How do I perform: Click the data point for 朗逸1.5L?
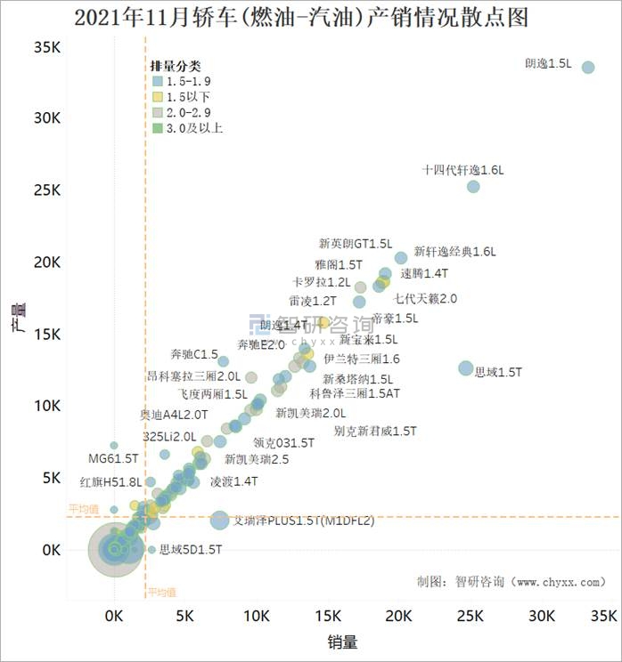pos(588,68)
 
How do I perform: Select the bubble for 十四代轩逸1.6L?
pos(473,187)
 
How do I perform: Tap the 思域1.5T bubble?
pos(465,368)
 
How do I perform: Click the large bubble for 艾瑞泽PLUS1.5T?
pos(219,521)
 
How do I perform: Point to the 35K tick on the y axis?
pos(47,47)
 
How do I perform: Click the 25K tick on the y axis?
pos(47,191)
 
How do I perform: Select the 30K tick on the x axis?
pos(541,616)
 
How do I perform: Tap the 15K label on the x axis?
pos(328,616)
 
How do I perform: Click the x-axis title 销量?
pos(344,641)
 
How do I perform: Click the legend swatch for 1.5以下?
pos(157,96)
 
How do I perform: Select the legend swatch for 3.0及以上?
pos(157,128)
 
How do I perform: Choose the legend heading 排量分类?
pos(175,66)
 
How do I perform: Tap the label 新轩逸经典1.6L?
pos(454,252)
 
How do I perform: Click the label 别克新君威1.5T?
pos(375,432)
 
